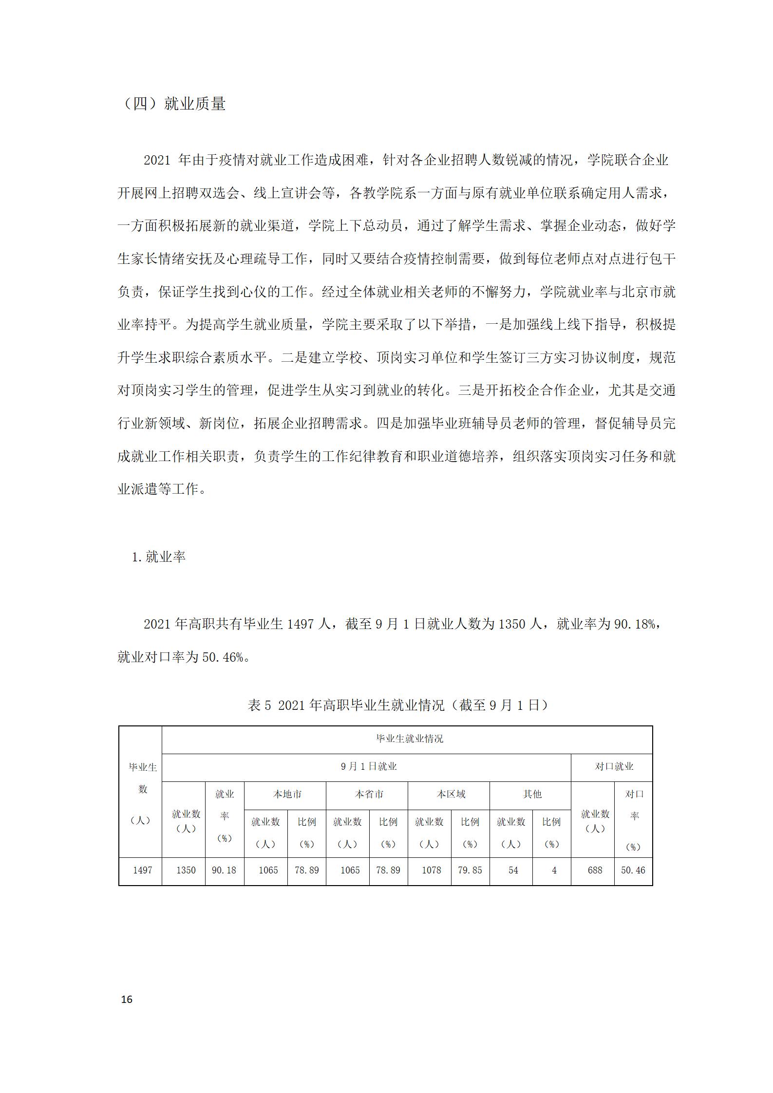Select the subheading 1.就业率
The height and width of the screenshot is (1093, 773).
(x=159, y=557)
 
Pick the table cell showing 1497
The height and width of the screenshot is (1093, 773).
(x=142, y=870)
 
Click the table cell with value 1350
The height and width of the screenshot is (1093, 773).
(x=186, y=870)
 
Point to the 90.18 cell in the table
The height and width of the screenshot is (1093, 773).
(x=224, y=870)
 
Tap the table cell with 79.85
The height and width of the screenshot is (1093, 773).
(x=470, y=870)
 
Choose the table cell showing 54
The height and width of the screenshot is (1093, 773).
(x=513, y=870)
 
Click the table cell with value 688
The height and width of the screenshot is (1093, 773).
(x=595, y=870)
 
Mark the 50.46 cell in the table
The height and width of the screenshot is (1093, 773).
(x=633, y=870)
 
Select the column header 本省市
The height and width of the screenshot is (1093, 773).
(x=369, y=795)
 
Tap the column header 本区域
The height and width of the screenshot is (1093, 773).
(x=451, y=795)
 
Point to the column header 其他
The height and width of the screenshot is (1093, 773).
(x=532, y=795)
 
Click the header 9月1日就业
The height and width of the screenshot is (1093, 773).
(x=369, y=767)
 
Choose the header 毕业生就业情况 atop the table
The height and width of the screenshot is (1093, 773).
(x=409, y=739)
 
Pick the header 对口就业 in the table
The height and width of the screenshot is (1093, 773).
(x=614, y=767)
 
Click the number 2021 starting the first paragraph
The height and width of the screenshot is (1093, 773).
(x=157, y=160)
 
